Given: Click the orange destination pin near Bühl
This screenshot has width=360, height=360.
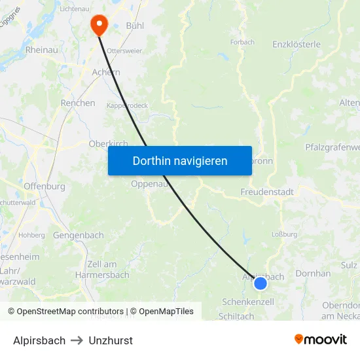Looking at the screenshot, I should pos(99,25).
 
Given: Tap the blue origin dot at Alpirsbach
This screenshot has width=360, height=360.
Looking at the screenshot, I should pos(261,283).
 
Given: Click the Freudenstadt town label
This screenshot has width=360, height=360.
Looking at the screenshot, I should pos(267,192).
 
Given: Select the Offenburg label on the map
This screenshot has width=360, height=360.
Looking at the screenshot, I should pos(44,187).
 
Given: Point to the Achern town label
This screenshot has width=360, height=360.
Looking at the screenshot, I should pos(106,73).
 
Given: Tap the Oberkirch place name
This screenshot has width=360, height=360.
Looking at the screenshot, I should pos(107,144).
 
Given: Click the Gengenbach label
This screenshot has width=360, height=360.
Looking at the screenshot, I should pos(79,235).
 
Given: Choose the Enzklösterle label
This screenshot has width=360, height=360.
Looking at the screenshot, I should pos(296,45).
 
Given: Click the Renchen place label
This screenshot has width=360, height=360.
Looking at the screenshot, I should pos(78,103).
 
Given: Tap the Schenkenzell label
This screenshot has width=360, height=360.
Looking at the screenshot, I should pos(248,302).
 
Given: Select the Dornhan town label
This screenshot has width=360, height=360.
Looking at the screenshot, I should pos(313,273).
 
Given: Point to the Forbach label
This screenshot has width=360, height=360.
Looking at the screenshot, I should pos(242,43).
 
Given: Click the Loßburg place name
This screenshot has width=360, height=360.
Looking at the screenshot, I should pos(285,233).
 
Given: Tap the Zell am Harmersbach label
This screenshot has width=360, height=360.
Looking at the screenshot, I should pos(108,269).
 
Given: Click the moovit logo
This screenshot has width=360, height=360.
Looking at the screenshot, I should pos(321,339).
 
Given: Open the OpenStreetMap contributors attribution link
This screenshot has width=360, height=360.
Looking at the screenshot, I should pos(70,312).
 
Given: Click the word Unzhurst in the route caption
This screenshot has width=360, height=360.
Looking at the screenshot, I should pos(111,340).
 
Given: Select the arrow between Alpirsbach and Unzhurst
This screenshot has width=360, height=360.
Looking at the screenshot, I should pos(77,340).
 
